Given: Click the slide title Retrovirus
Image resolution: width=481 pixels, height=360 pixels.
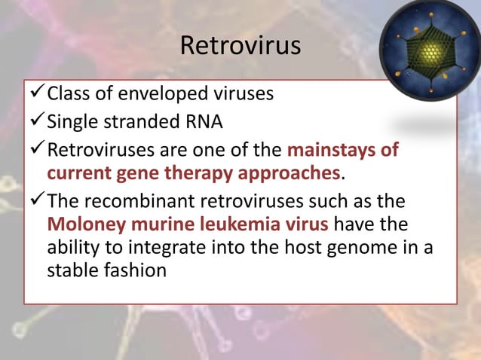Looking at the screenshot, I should pyautogui.click(x=240, y=45).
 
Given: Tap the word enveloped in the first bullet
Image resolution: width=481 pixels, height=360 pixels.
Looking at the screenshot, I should pyautogui.click(x=152, y=94).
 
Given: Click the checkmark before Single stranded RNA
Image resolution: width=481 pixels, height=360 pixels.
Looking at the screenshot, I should pyautogui.click(x=35, y=121).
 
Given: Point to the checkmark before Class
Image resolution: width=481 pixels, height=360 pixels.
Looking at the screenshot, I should pyautogui.click(x=35, y=94).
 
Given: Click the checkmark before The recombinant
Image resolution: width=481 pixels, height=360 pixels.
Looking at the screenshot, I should pyautogui.click(x=35, y=202).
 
